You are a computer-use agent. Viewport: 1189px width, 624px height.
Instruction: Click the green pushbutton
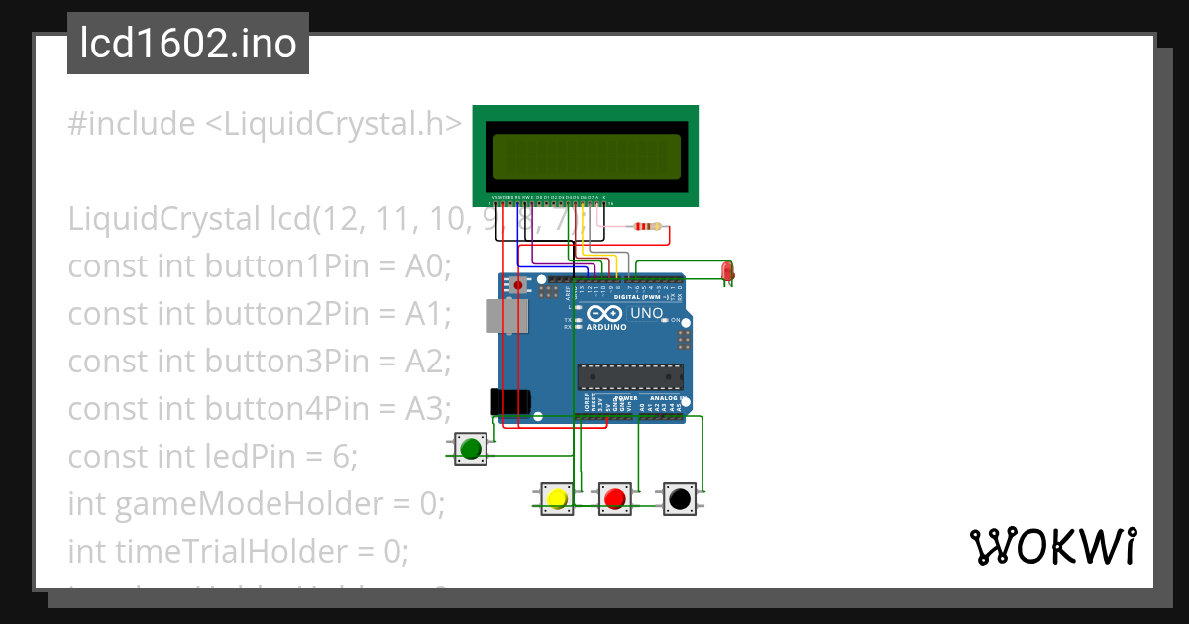coord(471,449)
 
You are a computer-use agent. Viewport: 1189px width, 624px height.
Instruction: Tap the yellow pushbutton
coord(556,498)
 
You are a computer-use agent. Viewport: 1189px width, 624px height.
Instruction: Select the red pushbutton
coord(615,498)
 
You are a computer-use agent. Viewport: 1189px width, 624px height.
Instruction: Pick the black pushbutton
coord(679,498)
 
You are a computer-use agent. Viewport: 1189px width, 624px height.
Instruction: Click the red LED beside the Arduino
coord(726,270)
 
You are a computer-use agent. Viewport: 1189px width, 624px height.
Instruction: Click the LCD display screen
coord(585,156)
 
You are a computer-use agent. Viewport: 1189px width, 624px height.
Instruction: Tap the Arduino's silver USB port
coord(506,316)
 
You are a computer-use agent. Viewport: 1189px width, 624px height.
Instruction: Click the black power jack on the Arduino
coord(509,402)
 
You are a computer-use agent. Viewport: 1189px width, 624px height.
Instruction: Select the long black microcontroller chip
coord(630,377)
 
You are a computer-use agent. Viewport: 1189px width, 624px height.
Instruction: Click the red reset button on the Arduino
coord(517,285)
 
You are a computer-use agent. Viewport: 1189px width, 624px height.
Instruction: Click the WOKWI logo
coord(1052,546)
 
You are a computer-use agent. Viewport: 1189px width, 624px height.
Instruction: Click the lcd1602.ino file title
coord(188,44)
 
